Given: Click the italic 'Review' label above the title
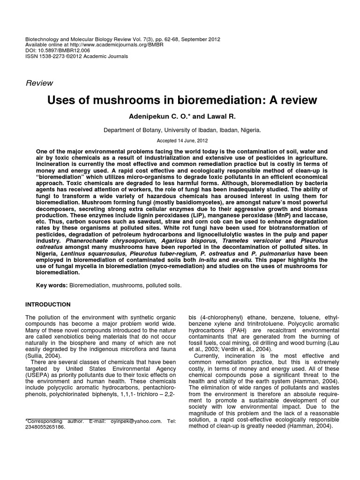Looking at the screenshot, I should (39, 83).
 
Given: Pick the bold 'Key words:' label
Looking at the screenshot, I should (52, 285).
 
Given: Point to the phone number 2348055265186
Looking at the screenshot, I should (46, 427).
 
